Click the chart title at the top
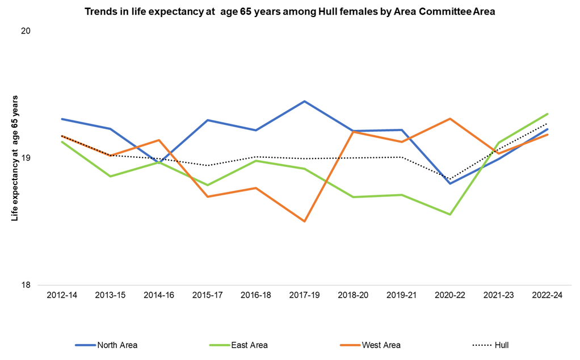coord(290,12)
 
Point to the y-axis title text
coord(15,158)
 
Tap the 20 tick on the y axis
coord(25,31)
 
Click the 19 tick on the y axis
coord(25,158)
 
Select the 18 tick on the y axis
coord(25,285)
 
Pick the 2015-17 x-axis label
coord(207,296)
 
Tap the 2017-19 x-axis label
coord(304,296)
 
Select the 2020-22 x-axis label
coord(450,296)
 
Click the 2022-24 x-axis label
coord(547,296)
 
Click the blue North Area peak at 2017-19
coord(304,101)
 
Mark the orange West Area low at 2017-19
coord(304,221)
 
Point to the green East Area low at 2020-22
coord(450,215)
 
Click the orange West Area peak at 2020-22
coord(450,119)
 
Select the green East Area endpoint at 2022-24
coord(547,114)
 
